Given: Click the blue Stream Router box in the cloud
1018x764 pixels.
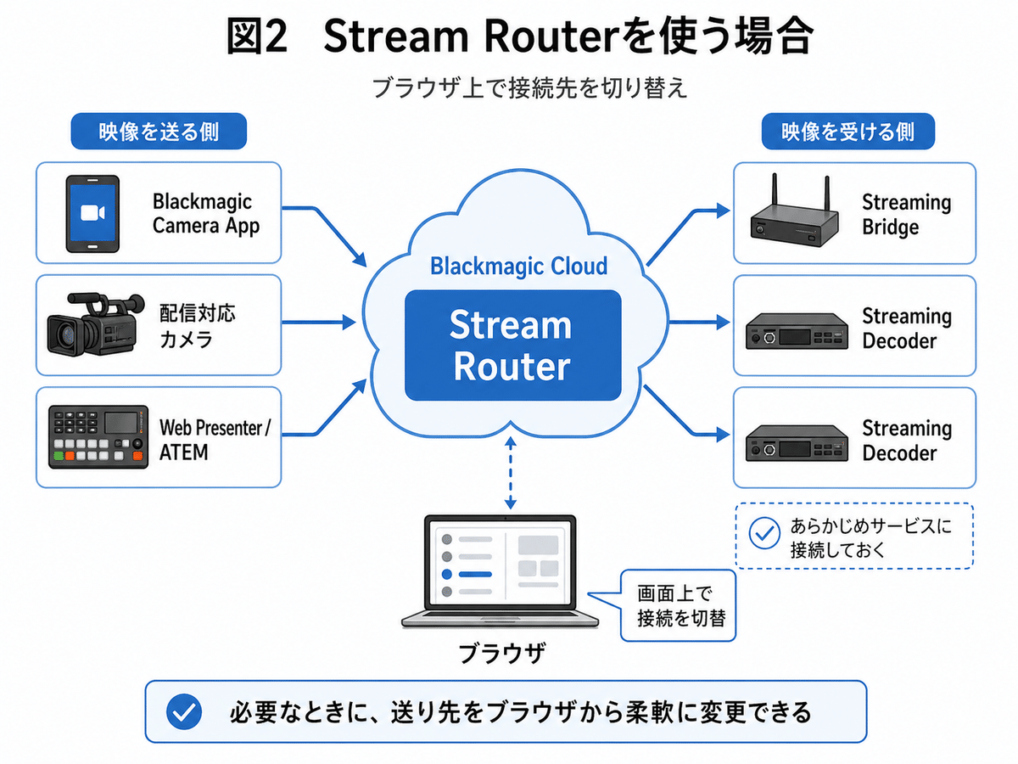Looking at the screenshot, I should [x=512, y=345].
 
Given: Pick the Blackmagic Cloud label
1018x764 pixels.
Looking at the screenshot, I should [x=518, y=266].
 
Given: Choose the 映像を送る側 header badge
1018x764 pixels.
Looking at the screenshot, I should [x=158, y=133].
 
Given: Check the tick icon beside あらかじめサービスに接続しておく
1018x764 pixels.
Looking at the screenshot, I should [x=765, y=535].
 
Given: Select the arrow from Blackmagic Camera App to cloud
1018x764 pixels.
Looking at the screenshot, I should [x=327, y=229].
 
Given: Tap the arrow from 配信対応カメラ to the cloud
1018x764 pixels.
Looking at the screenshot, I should [x=318, y=322].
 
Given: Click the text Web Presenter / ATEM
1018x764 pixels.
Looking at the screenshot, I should [x=214, y=439].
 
